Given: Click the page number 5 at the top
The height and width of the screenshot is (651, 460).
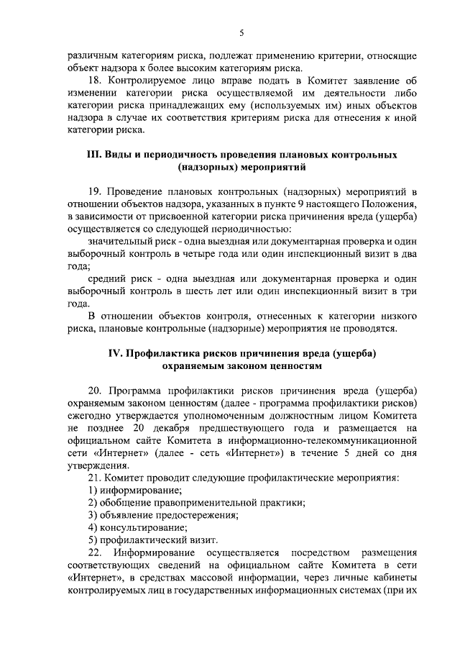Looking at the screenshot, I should click(242, 32).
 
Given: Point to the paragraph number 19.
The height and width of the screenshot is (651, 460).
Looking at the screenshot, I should click(95, 192).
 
